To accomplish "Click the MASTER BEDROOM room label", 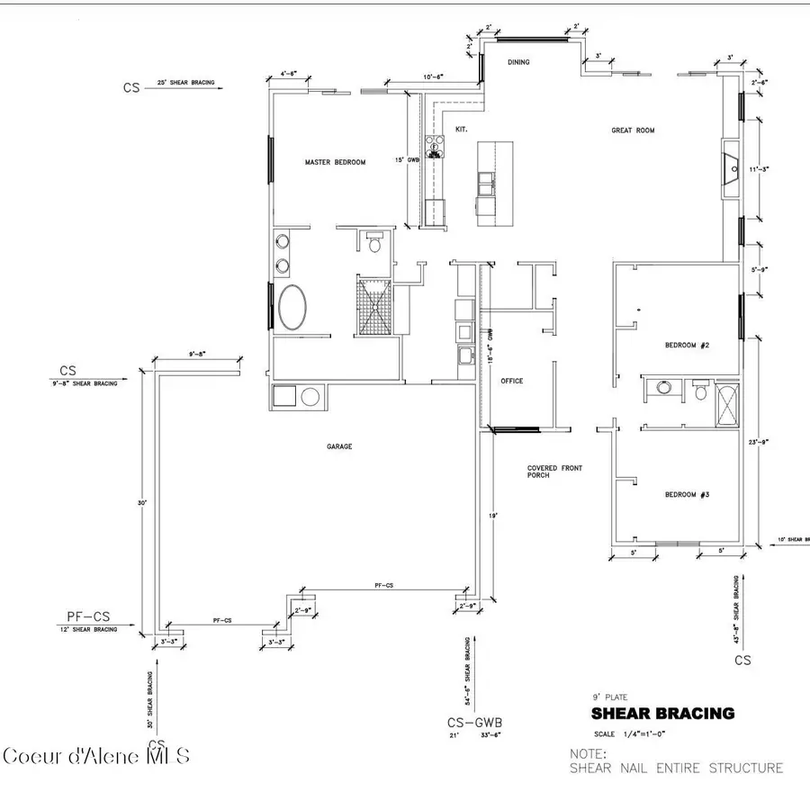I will point(335,162).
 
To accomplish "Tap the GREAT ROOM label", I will point(633,130).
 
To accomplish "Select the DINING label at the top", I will point(517,62).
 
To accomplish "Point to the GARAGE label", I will point(339,445).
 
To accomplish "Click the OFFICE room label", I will point(511,381).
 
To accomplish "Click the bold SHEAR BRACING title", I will point(661,714).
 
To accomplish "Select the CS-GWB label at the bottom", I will point(473,722).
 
